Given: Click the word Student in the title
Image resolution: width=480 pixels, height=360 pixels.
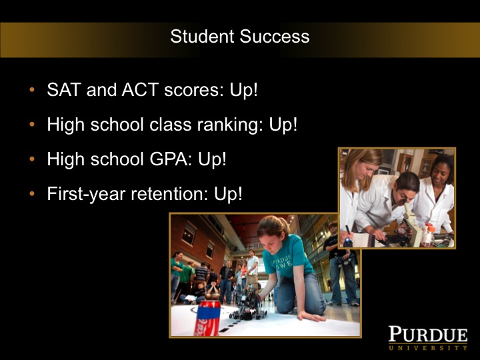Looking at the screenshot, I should [195, 36].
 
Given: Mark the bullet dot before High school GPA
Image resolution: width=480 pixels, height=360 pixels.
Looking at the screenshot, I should [33, 160].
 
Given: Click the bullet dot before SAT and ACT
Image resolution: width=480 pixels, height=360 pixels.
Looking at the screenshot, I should [33, 91].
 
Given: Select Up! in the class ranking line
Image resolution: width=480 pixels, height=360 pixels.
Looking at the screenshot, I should [283, 125].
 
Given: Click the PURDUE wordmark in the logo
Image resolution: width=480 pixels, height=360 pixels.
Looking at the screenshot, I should [428, 334].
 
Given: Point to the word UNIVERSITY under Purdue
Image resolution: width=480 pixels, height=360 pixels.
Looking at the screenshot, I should [428, 348].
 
